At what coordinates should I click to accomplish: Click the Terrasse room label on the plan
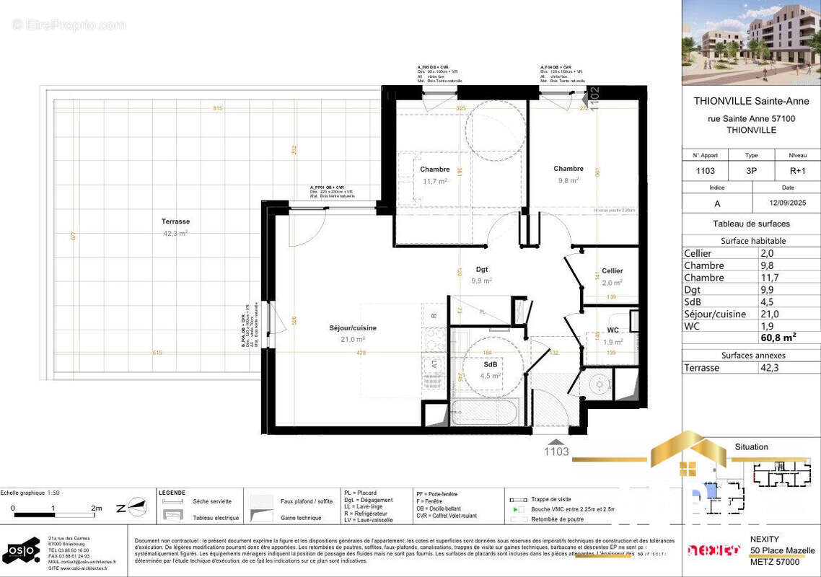(175, 221)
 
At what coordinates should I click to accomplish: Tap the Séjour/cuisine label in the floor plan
(353, 327)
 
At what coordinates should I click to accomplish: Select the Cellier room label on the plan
(612, 270)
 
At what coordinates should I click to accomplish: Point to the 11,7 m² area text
(434, 181)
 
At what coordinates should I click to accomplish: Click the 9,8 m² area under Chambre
(568, 180)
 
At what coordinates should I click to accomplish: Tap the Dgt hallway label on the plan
(482, 270)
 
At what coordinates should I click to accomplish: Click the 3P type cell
(751, 171)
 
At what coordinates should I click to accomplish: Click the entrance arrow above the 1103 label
(556, 441)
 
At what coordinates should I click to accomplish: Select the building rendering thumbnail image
(751, 43)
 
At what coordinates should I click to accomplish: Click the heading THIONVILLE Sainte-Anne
(751, 102)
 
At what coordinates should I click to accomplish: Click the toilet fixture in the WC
(599, 384)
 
